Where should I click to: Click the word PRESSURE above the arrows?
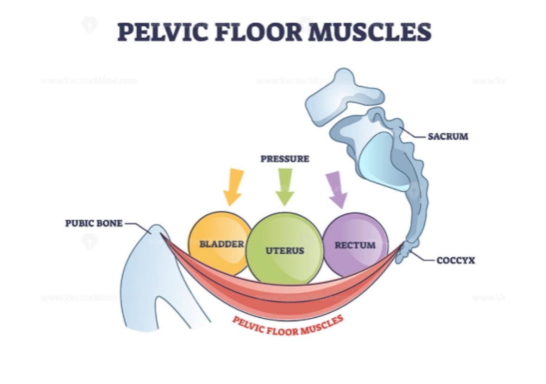point(284,159)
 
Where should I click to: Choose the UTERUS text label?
point(285,251)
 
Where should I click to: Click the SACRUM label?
point(447,137)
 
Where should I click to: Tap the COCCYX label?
point(456,261)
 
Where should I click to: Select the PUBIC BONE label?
point(94,224)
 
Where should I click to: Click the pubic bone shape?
point(153,273)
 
